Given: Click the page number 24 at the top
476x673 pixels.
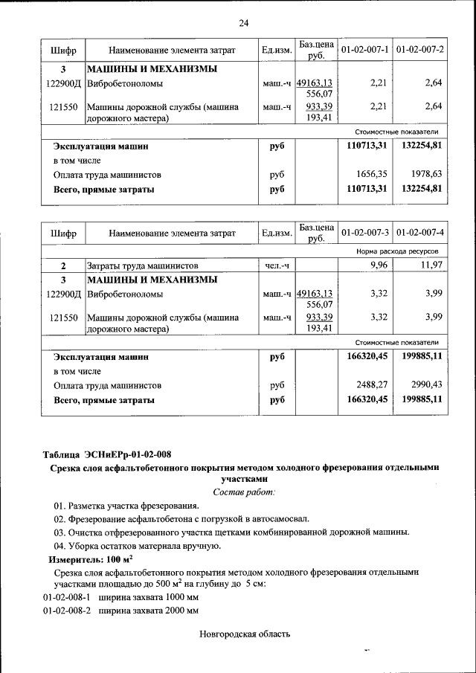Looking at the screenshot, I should [x=243, y=23].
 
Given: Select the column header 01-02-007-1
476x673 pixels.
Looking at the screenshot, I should [x=364, y=50].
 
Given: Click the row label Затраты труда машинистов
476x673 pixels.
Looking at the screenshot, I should [x=142, y=265].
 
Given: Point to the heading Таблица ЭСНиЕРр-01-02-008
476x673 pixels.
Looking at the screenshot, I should [x=111, y=454].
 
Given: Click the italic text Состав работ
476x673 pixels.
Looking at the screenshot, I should [x=243, y=492].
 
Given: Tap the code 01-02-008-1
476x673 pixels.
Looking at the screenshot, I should [x=66, y=597].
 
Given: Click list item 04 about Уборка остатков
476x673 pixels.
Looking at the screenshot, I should [x=137, y=546].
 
